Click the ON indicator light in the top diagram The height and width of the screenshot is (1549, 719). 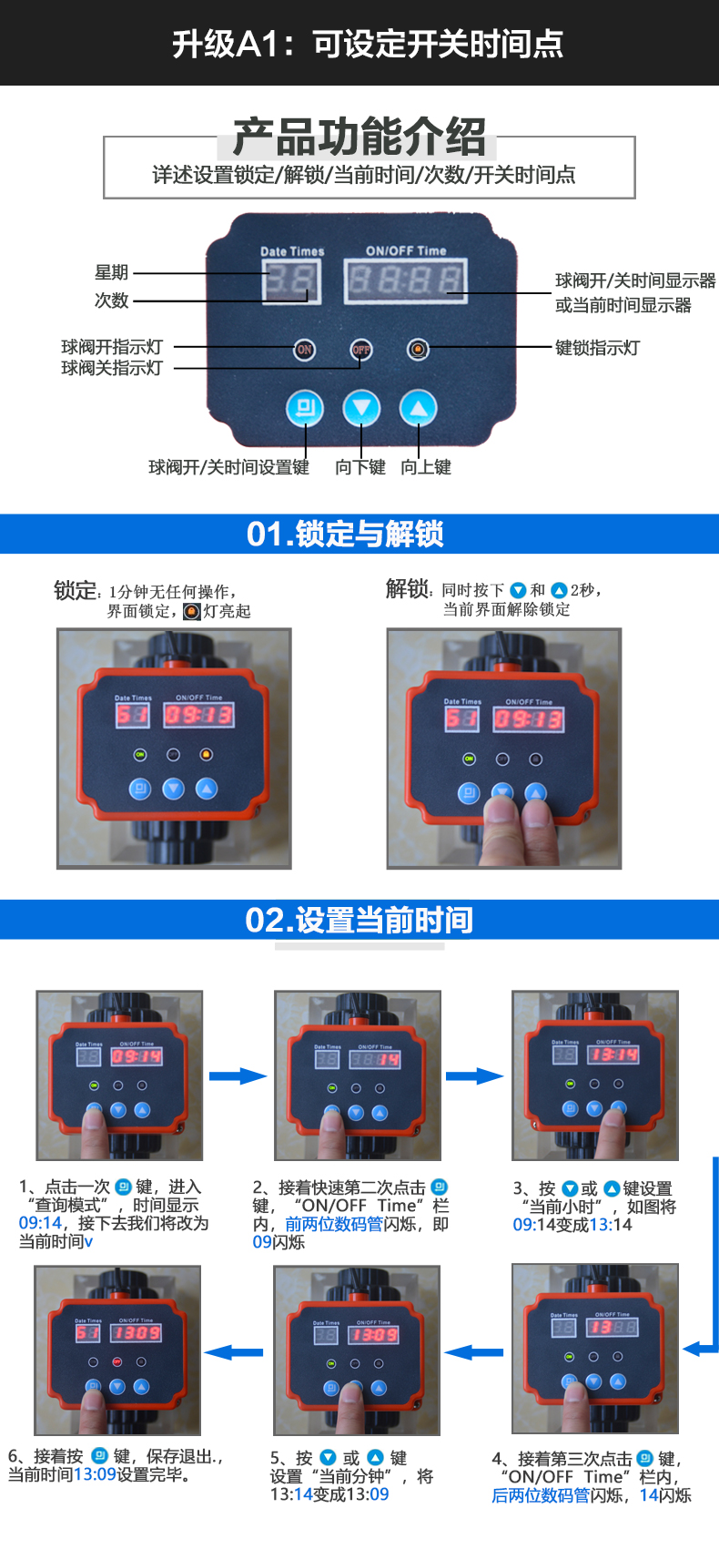(x=305, y=350)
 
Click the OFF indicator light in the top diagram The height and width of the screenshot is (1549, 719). (x=361, y=350)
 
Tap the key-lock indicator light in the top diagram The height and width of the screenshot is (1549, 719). (x=418, y=350)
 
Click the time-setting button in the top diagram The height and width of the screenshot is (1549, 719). (x=305, y=408)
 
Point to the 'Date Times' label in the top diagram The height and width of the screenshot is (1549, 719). (x=292, y=251)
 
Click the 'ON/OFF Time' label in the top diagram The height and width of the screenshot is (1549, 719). (x=406, y=250)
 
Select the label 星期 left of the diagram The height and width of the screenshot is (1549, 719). (x=112, y=272)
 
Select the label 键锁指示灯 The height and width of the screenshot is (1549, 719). (x=597, y=348)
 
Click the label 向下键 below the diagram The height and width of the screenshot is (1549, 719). (x=360, y=467)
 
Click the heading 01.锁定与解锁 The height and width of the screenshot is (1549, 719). (x=345, y=534)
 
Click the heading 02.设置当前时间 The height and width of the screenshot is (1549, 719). (x=359, y=920)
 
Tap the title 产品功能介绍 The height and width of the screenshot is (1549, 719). (x=359, y=138)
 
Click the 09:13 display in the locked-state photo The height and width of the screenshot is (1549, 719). (x=198, y=716)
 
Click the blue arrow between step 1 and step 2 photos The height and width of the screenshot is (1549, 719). (x=238, y=1076)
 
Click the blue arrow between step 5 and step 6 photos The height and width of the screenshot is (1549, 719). (x=235, y=1352)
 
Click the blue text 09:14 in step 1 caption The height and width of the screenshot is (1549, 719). (x=40, y=1223)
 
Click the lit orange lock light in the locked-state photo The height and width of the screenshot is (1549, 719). (x=206, y=755)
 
